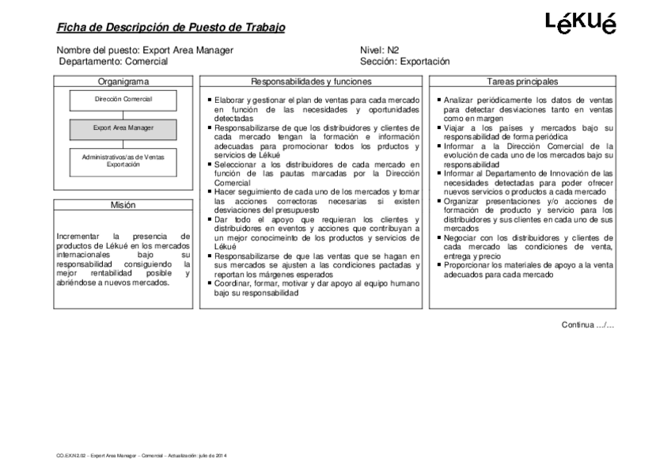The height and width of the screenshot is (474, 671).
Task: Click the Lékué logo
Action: (x=581, y=23)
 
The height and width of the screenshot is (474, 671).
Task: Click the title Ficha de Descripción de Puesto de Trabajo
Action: (x=171, y=28)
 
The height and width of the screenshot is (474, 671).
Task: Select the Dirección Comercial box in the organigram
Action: (x=123, y=99)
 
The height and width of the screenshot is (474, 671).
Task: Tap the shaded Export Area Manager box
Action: (x=123, y=127)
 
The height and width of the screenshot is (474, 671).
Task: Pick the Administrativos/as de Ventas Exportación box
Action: (x=123, y=161)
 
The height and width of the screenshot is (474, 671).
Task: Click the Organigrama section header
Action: (x=123, y=81)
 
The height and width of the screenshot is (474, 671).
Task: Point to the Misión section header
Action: (x=123, y=205)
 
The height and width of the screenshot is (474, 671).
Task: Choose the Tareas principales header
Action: (x=522, y=81)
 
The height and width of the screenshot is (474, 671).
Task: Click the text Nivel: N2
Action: (x=379, y=50)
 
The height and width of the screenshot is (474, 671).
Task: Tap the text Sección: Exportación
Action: (x=404, y=61)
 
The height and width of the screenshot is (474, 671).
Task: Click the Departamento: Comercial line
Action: (x=108, y=61)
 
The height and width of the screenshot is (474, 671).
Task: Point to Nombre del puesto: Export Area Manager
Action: (x=145, y=50)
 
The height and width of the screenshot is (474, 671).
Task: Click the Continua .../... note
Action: (x=588, y=324)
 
